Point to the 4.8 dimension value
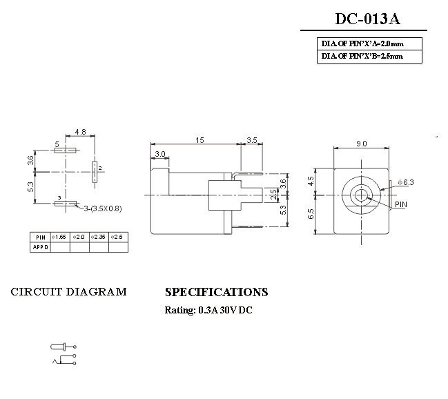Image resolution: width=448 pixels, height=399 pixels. [80, 131]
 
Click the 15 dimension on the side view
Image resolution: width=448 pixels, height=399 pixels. [199, 140]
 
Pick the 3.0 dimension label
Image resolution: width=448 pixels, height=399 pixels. [159, 153]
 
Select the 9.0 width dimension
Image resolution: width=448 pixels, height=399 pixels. [361, 144]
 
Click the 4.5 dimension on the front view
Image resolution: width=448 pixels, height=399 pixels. [311, 181]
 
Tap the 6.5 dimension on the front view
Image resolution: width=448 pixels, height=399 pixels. [311, 213]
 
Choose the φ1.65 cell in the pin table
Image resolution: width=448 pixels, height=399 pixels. [60, 237]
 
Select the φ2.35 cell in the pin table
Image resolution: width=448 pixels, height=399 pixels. [98, 237]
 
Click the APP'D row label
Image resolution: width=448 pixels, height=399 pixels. [40, 247]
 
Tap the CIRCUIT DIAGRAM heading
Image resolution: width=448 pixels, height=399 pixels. [69, 292]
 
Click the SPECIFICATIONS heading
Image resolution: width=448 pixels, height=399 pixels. [216, 292]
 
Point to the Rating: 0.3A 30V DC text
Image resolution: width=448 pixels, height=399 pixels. [208, 310]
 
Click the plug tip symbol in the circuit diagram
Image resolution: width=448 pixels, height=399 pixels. [58, 347]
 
